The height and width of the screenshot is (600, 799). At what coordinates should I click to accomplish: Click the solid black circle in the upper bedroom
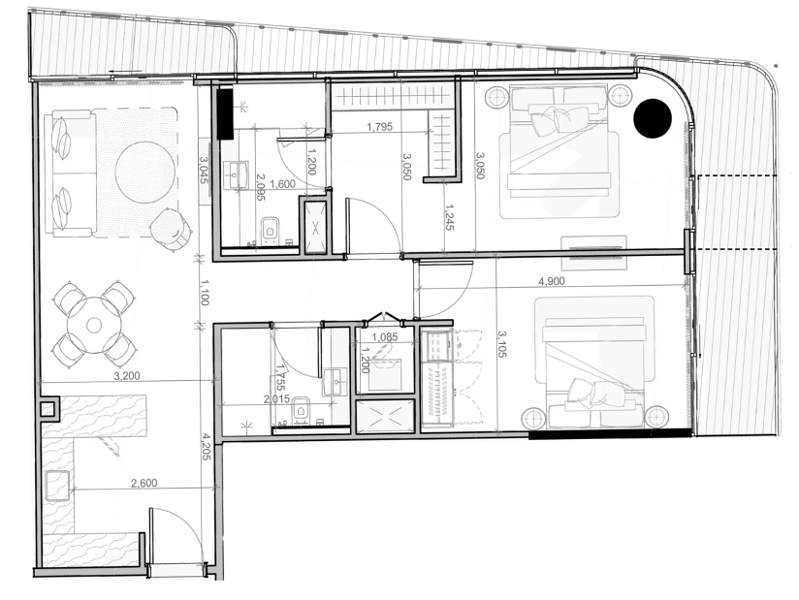pos(653,118)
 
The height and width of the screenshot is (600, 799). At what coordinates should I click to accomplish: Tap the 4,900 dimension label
pos(552,281)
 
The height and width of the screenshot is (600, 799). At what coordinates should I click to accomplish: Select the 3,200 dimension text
pos(126,376)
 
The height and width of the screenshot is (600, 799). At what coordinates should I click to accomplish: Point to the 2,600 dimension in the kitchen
pos(144,483)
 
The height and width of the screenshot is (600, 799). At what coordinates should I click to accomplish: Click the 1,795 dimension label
pos(380,127)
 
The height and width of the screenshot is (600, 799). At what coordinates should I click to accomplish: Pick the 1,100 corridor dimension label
pos(204,292)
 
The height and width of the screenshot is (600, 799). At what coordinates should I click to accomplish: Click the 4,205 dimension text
pos(206,447)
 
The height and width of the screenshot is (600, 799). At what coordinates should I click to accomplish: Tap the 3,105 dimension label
pos(502,343)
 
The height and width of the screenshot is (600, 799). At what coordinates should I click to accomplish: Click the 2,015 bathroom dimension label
pos(276,398)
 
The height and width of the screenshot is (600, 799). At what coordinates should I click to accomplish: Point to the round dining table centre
pos(94,325)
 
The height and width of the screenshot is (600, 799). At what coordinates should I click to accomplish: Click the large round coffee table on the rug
pos(145,172)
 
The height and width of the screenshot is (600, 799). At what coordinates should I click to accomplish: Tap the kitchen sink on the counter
pos(57,486)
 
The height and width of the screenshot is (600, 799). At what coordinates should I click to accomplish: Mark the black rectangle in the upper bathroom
pos(225,113)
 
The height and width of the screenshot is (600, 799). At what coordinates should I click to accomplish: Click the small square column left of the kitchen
pos(48,409)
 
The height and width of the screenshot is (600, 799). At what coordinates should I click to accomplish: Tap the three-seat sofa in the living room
pos(70,175)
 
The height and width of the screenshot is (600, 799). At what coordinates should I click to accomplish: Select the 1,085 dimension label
pos(385,337)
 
